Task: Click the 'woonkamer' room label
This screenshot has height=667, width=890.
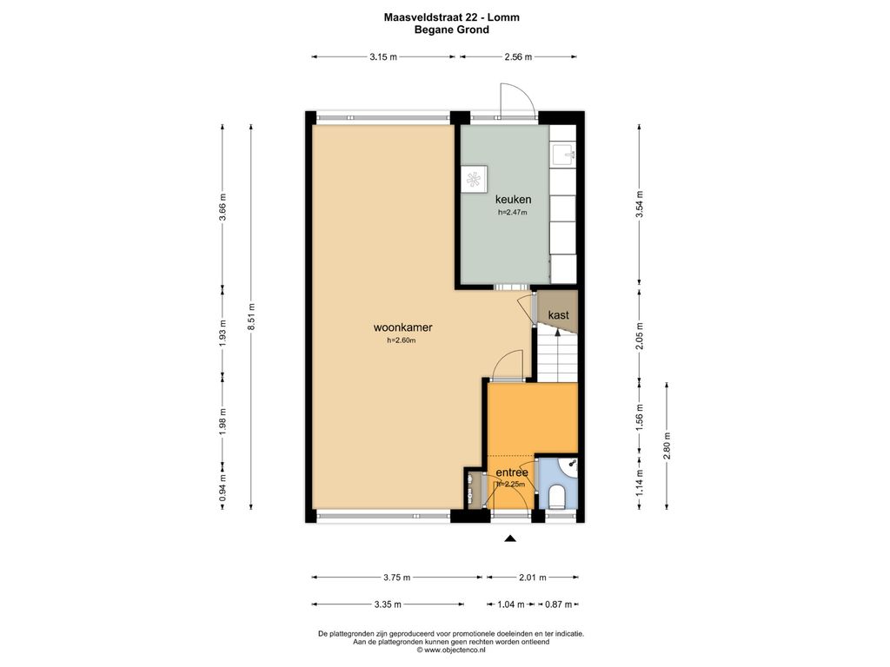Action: pyautogui.click(x=403, y=327)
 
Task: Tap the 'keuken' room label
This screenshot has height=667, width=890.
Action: pyautogui.click(x=513, y=199)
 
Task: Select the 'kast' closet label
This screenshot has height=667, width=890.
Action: pyautogui.click(x=559, y=314)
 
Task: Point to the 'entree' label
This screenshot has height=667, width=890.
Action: pyautogui.click(x=512, y=472)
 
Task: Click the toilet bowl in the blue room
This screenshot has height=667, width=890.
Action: pyautogui.click(x=557, y=496)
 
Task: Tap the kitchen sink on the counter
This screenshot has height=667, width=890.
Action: pyautogui.click(x=562, y=154)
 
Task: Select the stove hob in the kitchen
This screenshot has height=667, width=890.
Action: pyautogui.click(x=474, y=179)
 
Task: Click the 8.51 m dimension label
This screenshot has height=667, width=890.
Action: pyautogui.click(x=251, y=316)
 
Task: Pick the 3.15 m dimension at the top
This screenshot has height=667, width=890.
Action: pyautogui.click(x=383, y=56)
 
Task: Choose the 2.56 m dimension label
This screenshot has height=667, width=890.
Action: pyautogui.click(x=518, y=56)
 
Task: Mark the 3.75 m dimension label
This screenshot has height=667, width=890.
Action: pyautogui.click(x=396, y=578)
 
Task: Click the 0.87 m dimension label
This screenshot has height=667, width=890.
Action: pyautogui.click(x=559, y=604)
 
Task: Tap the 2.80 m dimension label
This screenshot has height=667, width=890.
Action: pyautogui.click(x=667, y=446)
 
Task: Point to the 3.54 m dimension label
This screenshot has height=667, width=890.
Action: pyautogui.click(x=640, y=203)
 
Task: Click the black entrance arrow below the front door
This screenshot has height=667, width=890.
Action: pyautogui.click(x=510, y=538)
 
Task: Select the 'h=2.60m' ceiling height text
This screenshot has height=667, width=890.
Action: pyautogui.click(x=402, y=340)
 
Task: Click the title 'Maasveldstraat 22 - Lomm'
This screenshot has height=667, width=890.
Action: pyautogui.click(x=451, y=17)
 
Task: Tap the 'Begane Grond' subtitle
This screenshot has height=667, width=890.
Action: pyautogui.click(x=451, y=30)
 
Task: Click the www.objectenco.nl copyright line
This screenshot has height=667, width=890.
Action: pyautogui.click(x=451, y=650)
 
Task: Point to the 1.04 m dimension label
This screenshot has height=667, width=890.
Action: pyautogui.click(x=511, y=604)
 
